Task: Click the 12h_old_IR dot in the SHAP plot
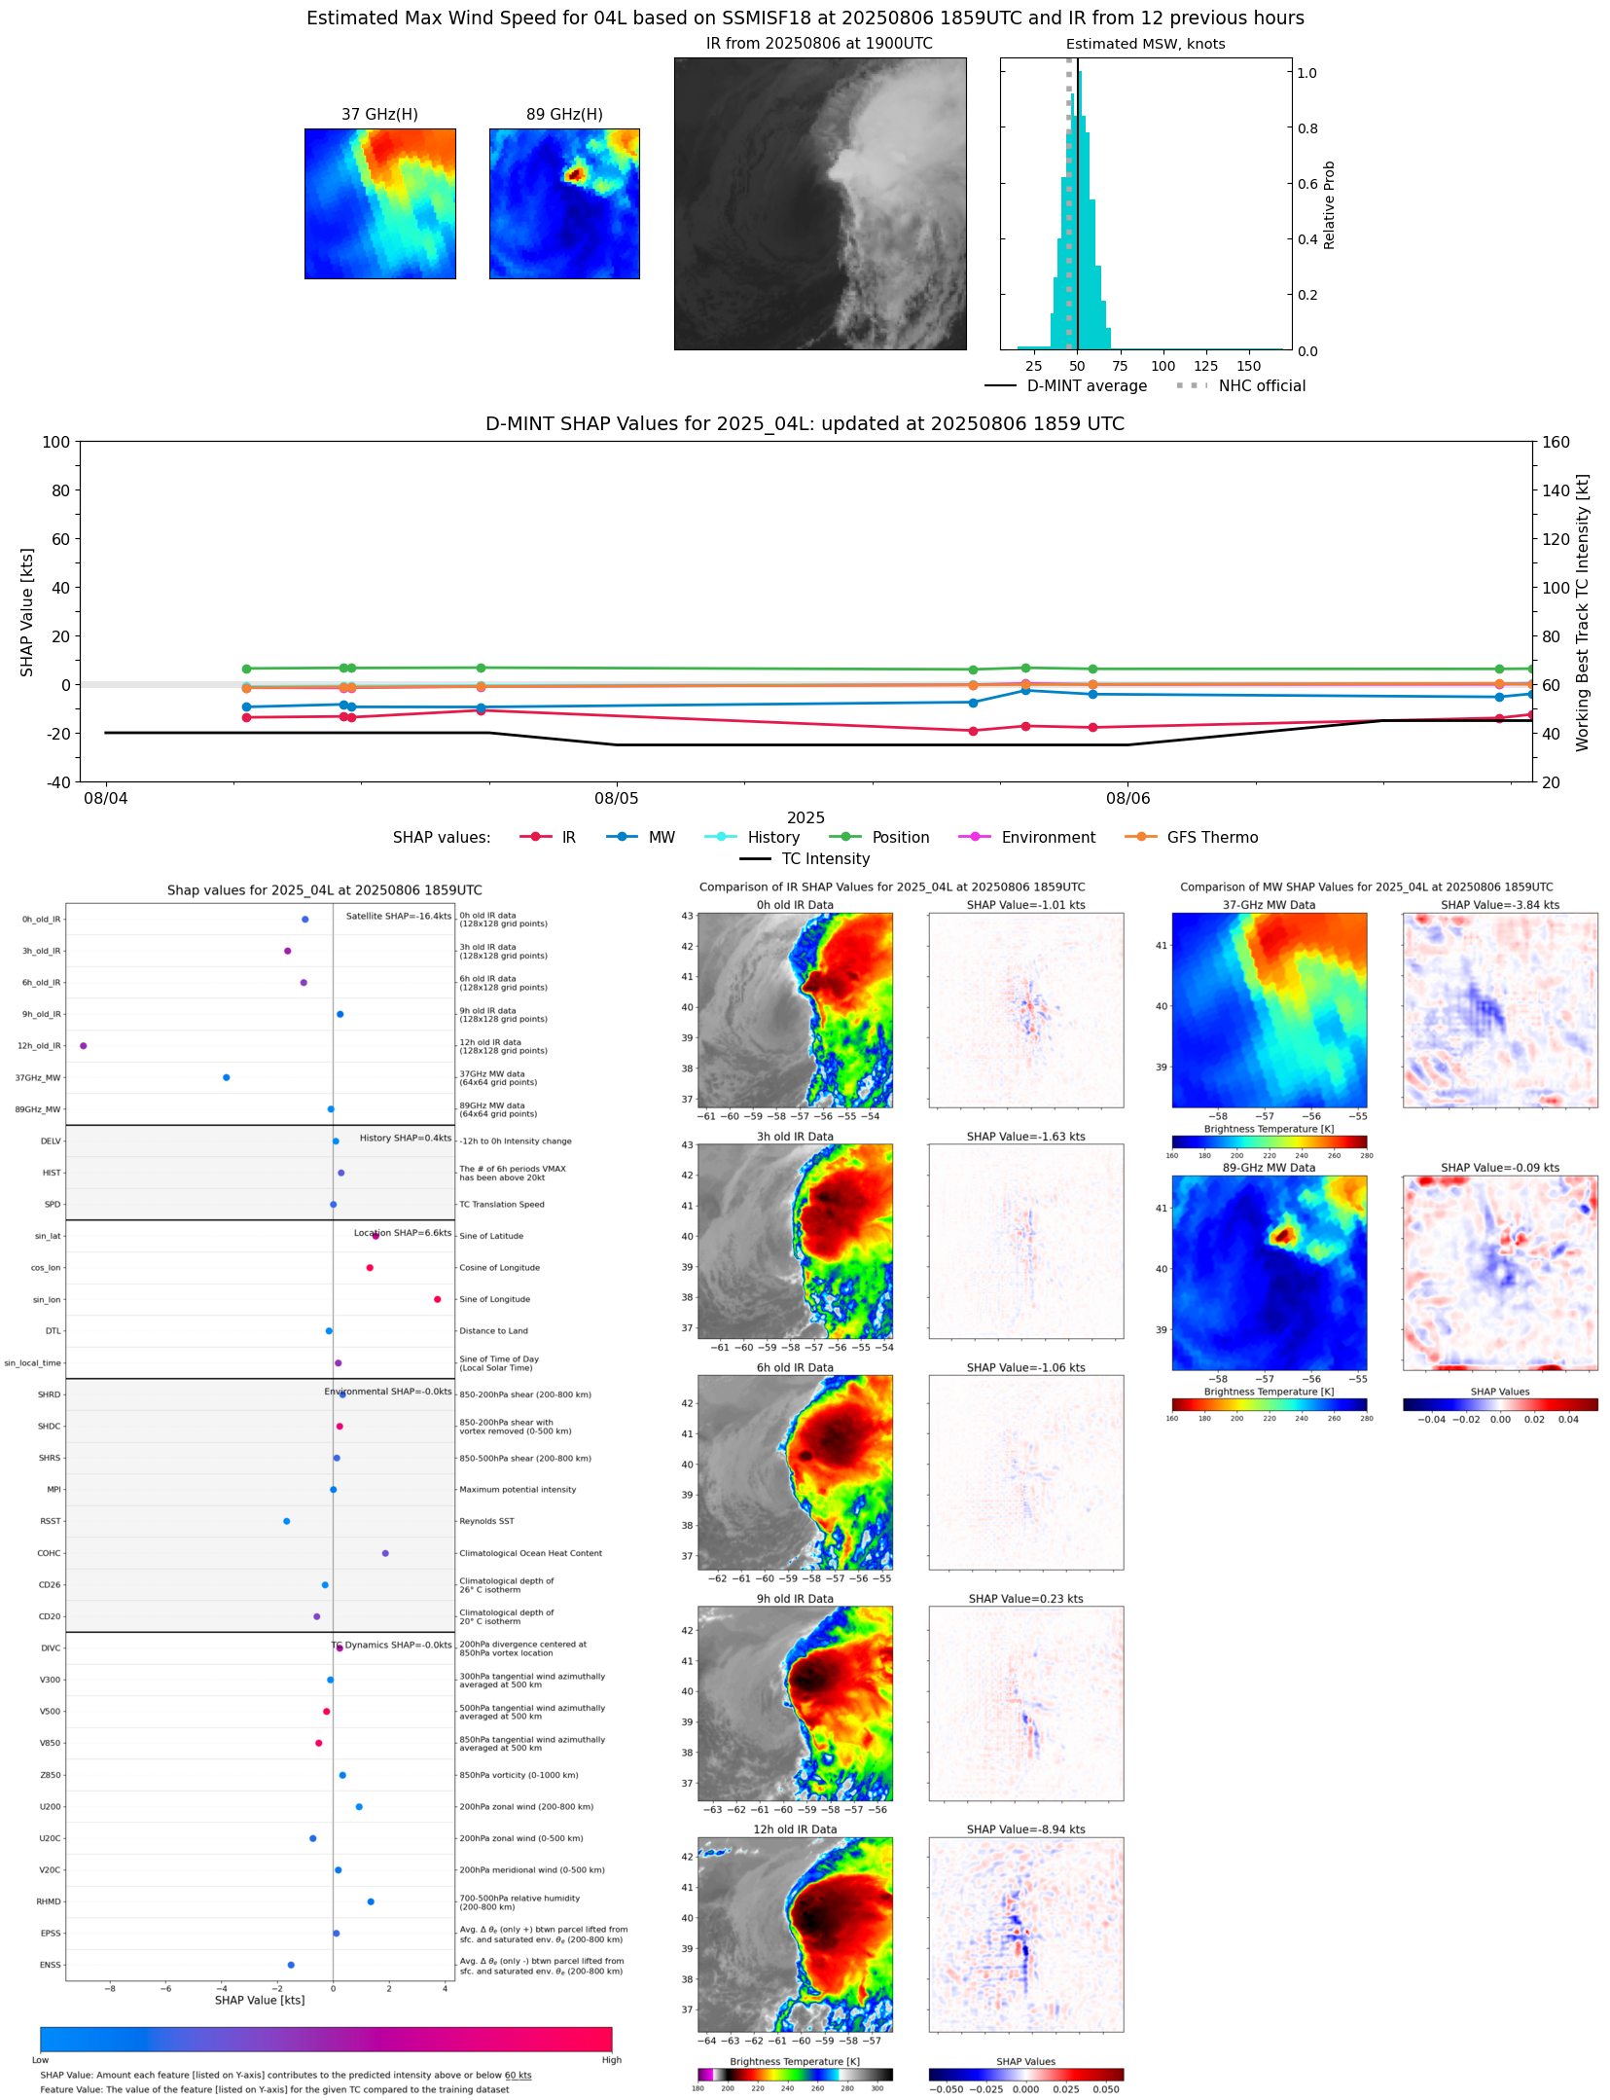(x=84, y=1046)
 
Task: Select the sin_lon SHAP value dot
(x=438, y=1299)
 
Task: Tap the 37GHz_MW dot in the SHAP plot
(x=227, y=1077)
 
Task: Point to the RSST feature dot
(x=287, y=1521)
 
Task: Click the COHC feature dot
(x=385, y=1553)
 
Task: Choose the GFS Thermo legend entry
(x=1212, y=838)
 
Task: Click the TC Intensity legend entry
(x=825, y=859)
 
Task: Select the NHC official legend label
(x=1262, y=386)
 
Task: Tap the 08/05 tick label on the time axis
(x=617, y=799)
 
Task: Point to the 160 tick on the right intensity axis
(x=1556, y=442)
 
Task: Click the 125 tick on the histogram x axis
(x=1206, y=367)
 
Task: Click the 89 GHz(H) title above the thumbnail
(x=564, y=115)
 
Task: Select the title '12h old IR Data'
(x=795, y=1829)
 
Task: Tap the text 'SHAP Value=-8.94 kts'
(x=1025, y=1829)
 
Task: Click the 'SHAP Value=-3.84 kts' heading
(x=1499, y=905)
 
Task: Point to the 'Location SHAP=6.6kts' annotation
(x=403, y=1233)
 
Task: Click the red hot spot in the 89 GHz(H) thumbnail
(x=575, y=175)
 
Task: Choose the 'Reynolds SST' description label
(x=486, y=1521)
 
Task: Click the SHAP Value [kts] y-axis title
(x=27, y=612)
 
